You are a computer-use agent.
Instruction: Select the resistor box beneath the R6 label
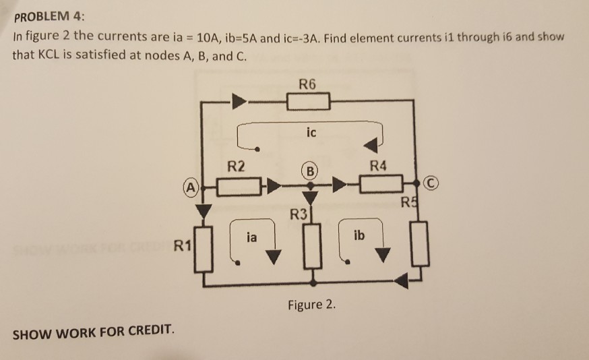click(x=308, y=102)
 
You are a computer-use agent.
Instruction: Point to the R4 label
click(x=381, y=166)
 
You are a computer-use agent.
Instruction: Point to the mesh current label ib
click(x=359, y=236)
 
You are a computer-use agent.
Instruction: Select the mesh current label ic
click(x=310, y=133)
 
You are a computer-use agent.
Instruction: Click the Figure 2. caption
click(x=311, y=305)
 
